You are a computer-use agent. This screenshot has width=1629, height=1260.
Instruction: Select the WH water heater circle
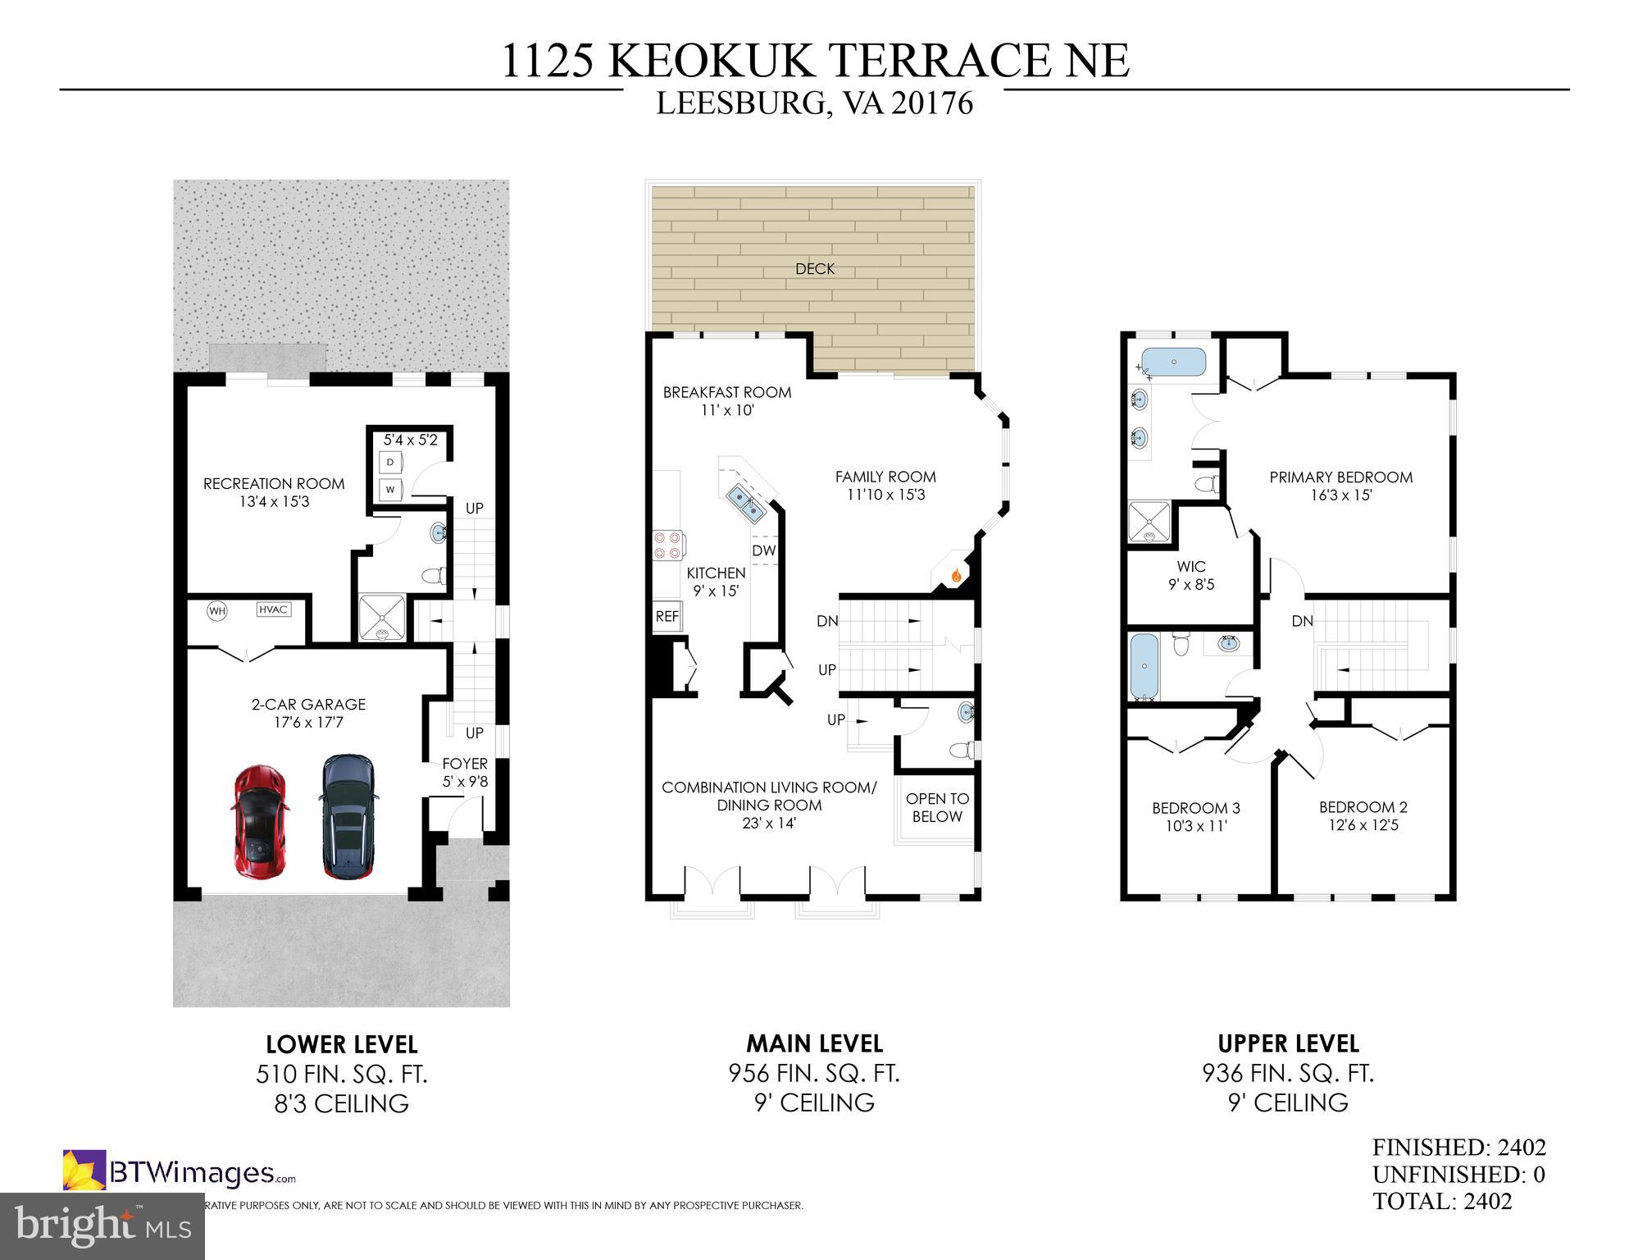[x=216, y=610]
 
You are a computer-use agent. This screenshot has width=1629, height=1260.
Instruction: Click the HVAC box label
[x=272, y=609]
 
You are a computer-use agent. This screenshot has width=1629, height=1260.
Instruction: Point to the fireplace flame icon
[x=955, y=576]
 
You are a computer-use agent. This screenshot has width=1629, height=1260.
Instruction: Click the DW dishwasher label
[x=763, y=550]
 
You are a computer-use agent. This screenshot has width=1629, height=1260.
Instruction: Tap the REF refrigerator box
[x=667, y=616]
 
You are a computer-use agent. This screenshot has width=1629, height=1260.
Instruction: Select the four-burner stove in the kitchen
[x=667, y=545]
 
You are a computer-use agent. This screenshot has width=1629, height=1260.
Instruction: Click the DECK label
[x=814, y=269]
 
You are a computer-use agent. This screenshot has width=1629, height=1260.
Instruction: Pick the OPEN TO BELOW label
[x=937, y=807]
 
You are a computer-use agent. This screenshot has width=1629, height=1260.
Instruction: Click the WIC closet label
[x=1190, y=575]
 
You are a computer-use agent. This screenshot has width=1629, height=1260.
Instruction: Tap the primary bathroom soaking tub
[x=1174, y=362]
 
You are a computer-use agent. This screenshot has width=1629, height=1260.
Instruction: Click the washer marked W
[x=391, y=490]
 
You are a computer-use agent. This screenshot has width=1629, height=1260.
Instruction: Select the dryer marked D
[x=391, y=463]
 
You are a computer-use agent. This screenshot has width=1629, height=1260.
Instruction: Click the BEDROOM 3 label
[x=1195, y=816]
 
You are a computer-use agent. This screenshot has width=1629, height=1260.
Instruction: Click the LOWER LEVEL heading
[x=342, y=1044]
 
